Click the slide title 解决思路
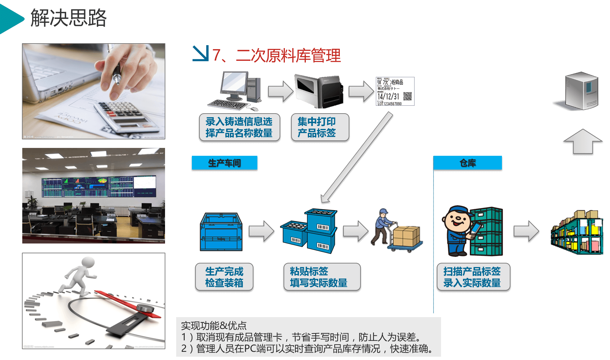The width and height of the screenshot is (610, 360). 69,18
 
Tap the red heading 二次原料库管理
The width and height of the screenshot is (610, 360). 288,55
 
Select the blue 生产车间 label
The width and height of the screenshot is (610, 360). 224,163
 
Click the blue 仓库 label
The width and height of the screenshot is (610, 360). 468,163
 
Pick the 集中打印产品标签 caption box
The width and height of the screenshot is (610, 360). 320,127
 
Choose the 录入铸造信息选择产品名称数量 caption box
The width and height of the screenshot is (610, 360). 239,127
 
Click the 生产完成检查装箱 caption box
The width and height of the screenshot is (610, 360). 224,277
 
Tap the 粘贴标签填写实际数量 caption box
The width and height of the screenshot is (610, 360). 322,277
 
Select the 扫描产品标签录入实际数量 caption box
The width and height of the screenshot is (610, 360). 473,277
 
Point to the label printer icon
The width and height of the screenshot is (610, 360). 319,91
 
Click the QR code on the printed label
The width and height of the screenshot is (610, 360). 407,96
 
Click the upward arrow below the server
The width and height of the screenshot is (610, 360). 583,141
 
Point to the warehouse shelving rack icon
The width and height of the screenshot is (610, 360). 577,232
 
